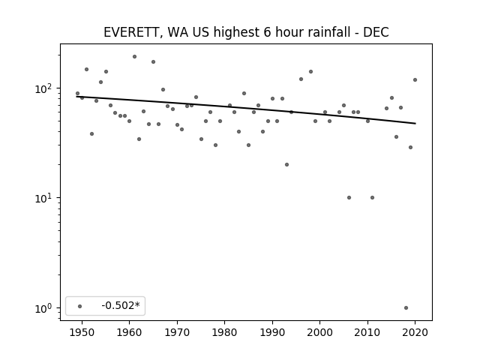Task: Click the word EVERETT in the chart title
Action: pyautogui.click(x=130, y=32)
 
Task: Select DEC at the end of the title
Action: pyautogui.click(x=376, y=32)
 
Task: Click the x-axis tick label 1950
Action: pyautogui.click(x=82, y=332)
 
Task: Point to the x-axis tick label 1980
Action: pyautogui.click(x=225, y=332)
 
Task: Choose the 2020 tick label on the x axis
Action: pyautogui.click(x=415, y=332)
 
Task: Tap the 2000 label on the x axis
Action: pyautogui.click(x=320, y=332)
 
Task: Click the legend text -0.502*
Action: pyautogui.click(x=121, y=305)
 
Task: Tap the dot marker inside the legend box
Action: pyautogui.click(x=80, y=306)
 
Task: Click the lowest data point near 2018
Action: pyautogui.click(x=406, y=308)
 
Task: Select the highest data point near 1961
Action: pyautogui.click(x=134, y=57)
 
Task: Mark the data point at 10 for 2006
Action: pyautogui.click(x=349, y=198)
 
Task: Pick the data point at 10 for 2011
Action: pyautogui.click(x=372, y=198)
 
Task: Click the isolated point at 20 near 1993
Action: pyautogui.click(x=286, y=165)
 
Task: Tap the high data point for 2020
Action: pyautogui.click(x=415, y=80)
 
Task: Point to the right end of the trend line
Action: pyautogui.click(x=415, y=123)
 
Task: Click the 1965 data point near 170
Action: pyautogui.click(x=153, y=61)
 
